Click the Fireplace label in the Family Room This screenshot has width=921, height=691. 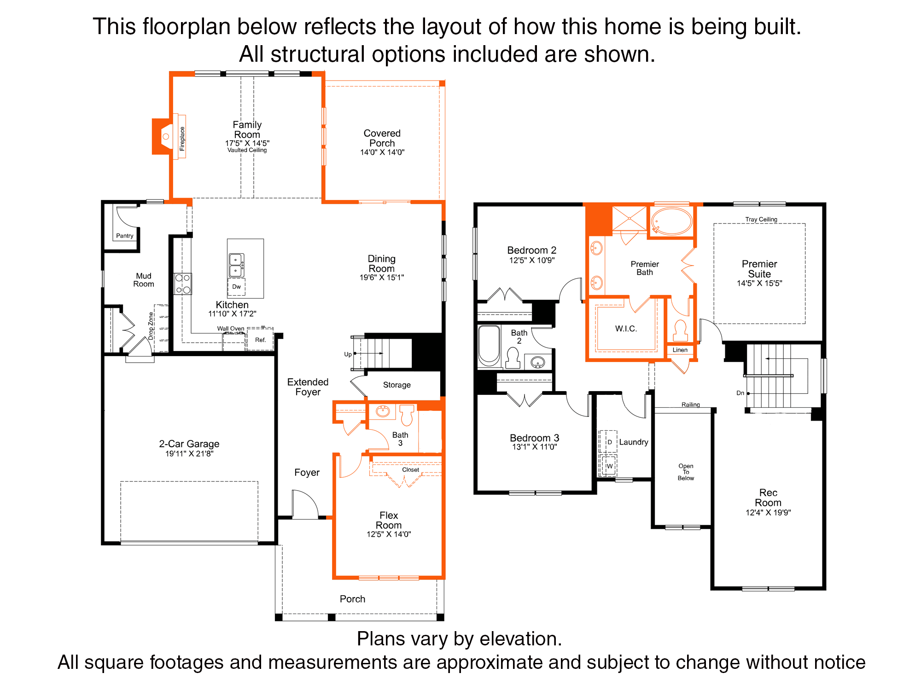[x=182, y=139]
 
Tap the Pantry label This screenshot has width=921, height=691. [x=125, y=236]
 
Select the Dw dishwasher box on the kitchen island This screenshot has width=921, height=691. [x=236, y=287]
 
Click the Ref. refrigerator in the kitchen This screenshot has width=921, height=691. [x=261, y=340]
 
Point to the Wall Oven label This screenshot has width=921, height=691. [x=231, y=328]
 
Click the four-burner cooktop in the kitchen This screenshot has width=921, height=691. [x=183, y=284]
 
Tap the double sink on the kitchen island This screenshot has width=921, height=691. [x=236, y=265]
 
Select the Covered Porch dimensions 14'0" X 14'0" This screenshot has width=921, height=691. [x=382, y=152]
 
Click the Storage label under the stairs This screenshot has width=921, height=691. [x=397, y=385]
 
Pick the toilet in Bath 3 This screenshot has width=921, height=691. [x=407, y=415]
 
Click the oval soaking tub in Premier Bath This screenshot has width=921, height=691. [x=672, y=222]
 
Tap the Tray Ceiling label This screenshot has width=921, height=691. [x=761, y=219]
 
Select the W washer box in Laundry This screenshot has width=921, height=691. [x=609, y=466]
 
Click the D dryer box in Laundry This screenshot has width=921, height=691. [x=609, y=442]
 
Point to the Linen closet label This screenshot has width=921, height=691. [x=680, y=350]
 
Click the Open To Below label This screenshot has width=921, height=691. [x=686, y=472]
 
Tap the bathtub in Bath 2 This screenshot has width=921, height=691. [x=489, y=345]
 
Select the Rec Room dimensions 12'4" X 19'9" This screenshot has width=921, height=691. [x=768, y=513]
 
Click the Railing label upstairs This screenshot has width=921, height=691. [x=691, y=404]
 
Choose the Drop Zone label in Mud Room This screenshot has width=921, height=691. [x=151, y=326]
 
